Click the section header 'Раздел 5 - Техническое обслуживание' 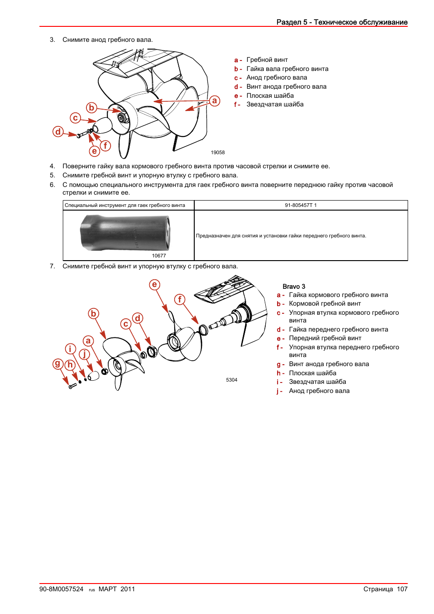point(342,22)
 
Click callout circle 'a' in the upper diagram point(214,101)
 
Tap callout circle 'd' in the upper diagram point(58,131)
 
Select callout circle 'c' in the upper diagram point(75,118)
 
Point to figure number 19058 point(217,152)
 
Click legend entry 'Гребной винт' point(267,60)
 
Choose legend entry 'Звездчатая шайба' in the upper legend point(275,104)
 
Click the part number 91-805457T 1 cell point(301,205)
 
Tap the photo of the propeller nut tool point(126,232)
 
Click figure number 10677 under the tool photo point(159,256)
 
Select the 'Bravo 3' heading point(294,287)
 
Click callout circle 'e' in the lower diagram point(155,285)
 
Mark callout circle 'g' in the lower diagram point(58,363)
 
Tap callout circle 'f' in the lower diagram point(180,299)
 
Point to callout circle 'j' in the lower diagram point(85,354)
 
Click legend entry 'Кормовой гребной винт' point(325,303)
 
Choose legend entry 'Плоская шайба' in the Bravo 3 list point(313,373)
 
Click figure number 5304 point(232,380)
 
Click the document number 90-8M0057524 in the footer point(61,589)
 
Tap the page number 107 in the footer point(402,589)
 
